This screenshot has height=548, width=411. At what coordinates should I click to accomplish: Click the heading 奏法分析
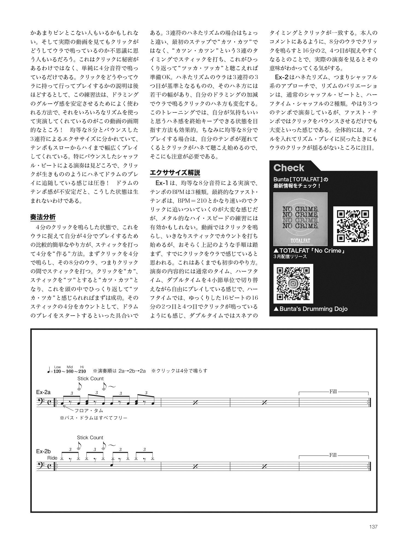[43, 217]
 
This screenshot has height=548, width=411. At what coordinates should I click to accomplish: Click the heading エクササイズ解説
[175, 173]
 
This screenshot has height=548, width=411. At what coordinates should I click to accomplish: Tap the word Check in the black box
[288, 168]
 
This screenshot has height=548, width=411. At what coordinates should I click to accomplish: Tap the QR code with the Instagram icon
[293, 284]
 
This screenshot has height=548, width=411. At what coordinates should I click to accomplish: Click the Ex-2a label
[43, 392]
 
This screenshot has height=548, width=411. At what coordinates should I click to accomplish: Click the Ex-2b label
[43, 451]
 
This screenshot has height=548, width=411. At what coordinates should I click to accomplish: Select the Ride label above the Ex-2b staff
[52, 458]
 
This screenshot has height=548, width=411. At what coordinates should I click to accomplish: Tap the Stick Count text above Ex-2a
[90, 378]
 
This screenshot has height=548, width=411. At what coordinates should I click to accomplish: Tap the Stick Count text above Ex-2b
[90, 438]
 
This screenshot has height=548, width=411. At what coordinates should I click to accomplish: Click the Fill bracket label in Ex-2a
[333, 392]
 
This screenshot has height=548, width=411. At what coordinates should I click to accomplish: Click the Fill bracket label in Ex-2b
[333, 455]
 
